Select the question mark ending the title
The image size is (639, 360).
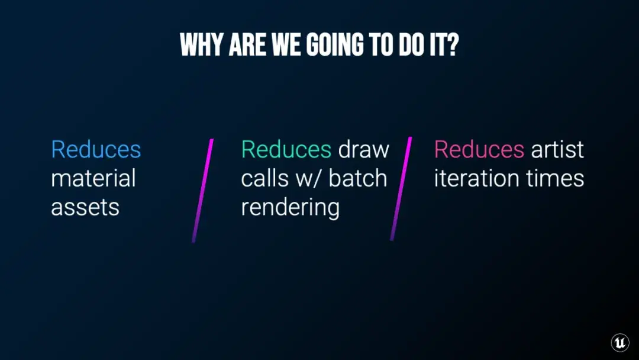coord(453,44)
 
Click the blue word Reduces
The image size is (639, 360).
coord(96,149)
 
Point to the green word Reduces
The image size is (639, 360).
coord(286,149)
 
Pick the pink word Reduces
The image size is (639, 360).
coord(479,149)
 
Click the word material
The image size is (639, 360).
coord(93,179)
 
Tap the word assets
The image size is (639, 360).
coord(85,207)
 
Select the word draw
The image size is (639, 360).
coord(363,150)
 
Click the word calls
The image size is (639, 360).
coord(265,179)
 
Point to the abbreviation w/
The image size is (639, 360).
coord(309,179)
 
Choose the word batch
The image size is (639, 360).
coord(358,179)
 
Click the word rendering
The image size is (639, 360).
coord(290,208)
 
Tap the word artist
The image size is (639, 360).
coord(557,149)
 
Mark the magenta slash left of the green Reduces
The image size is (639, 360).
coord(202,191)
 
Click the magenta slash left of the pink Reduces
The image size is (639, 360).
coord(401,189)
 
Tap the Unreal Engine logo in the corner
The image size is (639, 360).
coord(620,342)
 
